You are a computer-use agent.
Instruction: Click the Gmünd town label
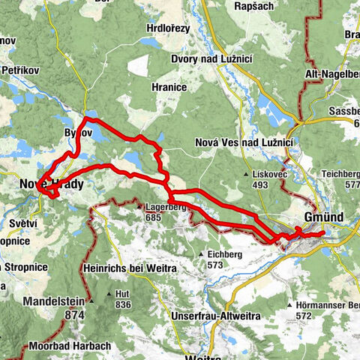(x=324, y=217)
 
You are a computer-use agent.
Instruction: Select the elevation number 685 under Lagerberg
(x=154, y=217)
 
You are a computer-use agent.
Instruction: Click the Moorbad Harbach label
(x=70, y=346)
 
